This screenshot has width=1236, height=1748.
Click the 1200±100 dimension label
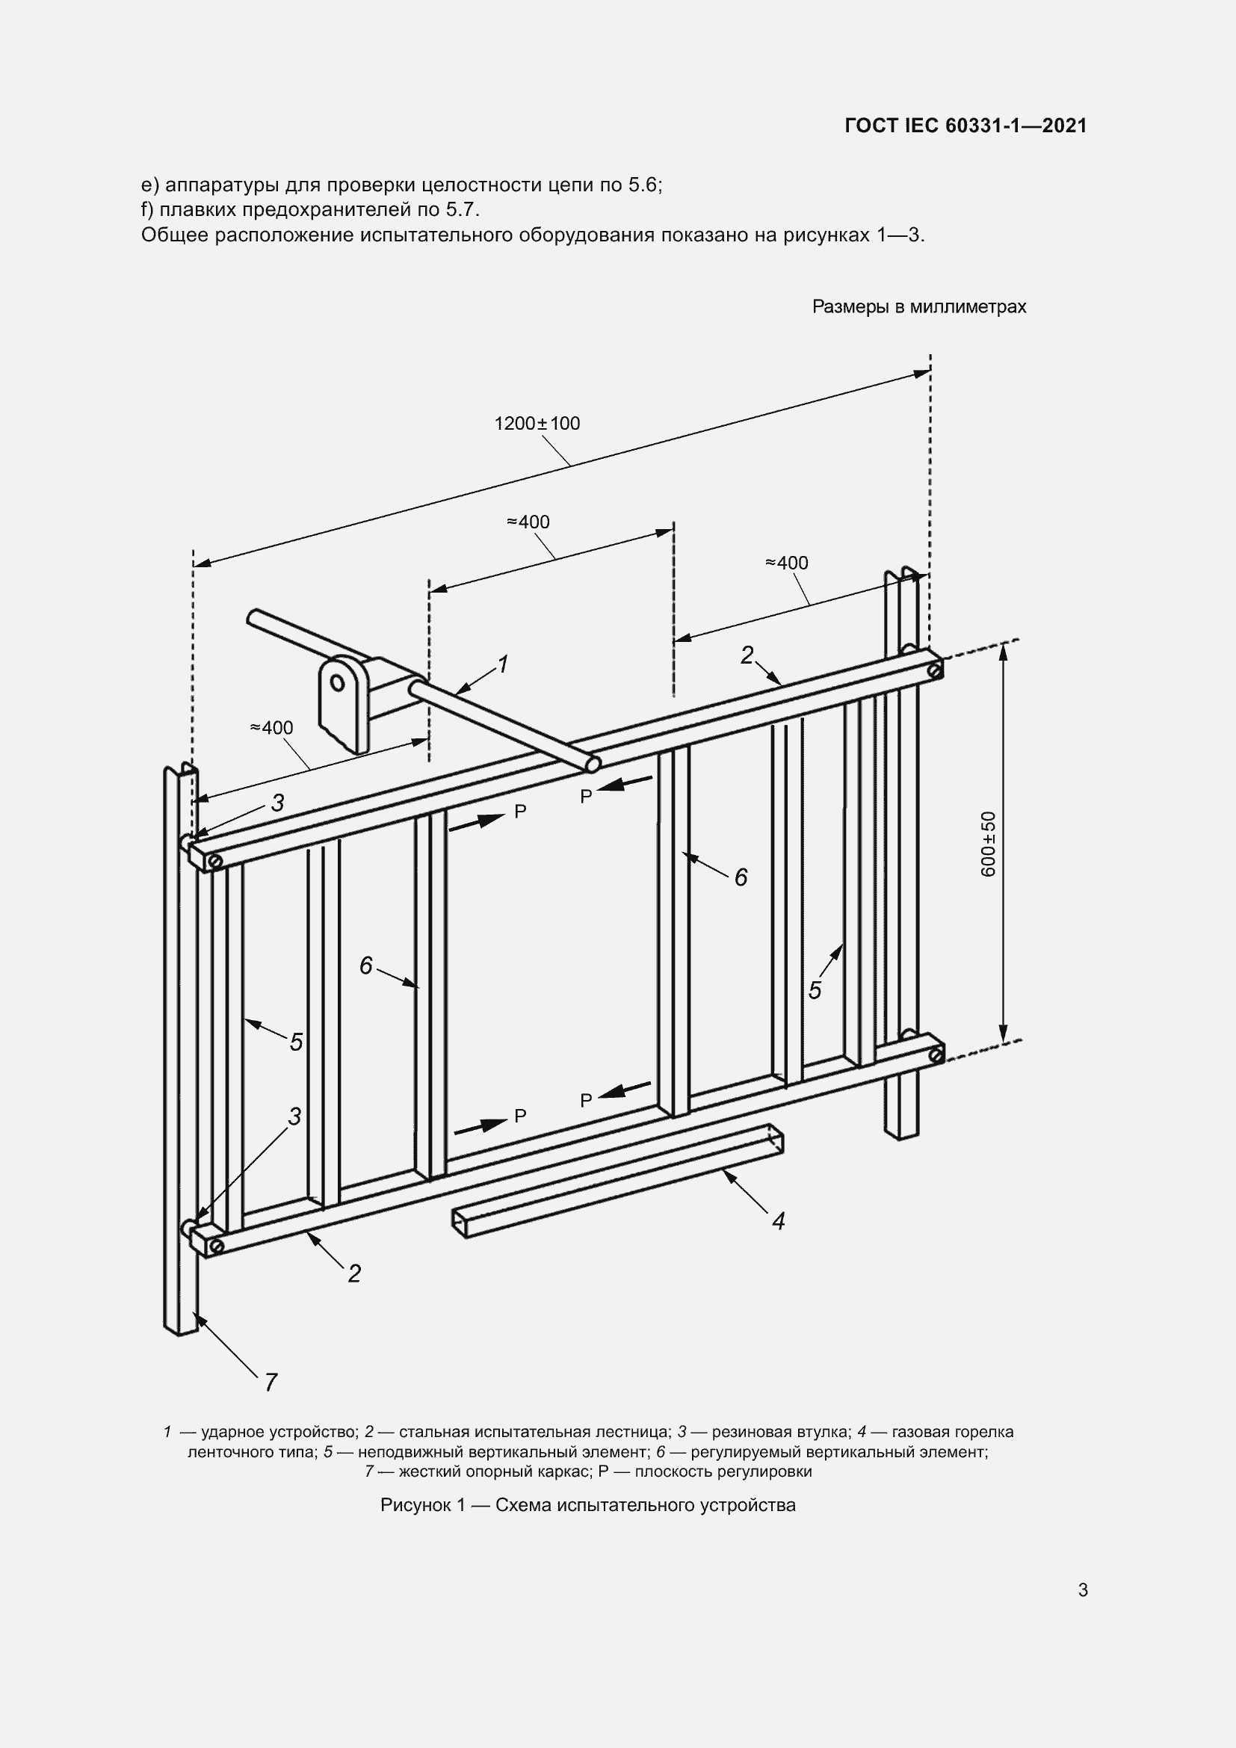[x=537, y=423]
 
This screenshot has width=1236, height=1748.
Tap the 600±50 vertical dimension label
[x=989, y=844]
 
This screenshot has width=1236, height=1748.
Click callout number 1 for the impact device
[x=502, y=664]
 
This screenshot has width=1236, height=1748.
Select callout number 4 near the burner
[x=778, y=1221]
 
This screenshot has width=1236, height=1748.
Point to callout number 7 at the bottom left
[x=271, y=1382]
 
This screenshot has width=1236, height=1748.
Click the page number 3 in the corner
[x=1083, y=1590]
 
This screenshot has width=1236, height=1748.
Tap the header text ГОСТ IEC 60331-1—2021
[x=965, y=126]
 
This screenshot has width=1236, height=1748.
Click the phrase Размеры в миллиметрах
[x=919, y=307]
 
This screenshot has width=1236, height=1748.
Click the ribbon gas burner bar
[x=617, y=1182]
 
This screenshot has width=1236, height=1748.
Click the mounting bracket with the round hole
[x=341, y=702]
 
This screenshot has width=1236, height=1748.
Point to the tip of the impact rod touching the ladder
[x=593, y=763]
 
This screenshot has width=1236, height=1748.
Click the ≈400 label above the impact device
[x=528, y=522]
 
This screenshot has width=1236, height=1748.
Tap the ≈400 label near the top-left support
[x=272, y=728]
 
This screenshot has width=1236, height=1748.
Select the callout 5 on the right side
[x=815, y=990]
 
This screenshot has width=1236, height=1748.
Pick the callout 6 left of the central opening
[x=366, y=966]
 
